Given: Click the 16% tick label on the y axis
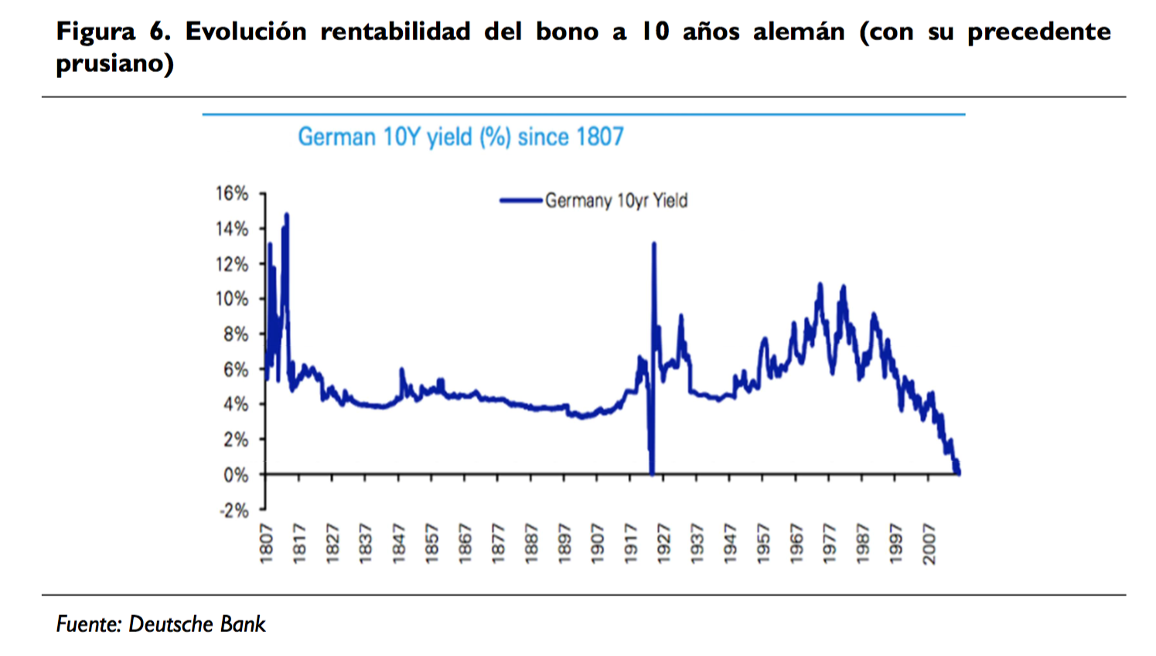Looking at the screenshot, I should [232, 193].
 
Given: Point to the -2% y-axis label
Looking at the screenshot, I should [234, 510].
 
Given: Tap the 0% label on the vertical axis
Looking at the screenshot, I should [236, 474].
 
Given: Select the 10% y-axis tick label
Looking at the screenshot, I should [232, 299].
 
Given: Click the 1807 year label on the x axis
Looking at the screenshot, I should [266, 543].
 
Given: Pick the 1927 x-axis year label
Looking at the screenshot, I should [663, 543].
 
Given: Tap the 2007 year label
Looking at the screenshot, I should [929, 543].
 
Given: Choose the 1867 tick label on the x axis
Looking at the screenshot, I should [465, 543].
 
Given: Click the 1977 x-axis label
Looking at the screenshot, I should [830, 543].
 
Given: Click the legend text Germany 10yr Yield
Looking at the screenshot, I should [616, 201].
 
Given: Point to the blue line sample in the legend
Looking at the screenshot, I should [521, 201].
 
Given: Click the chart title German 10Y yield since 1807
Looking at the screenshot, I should [461, 137].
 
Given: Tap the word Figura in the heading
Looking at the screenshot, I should [95, 32].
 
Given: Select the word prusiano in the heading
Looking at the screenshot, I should [114, 63].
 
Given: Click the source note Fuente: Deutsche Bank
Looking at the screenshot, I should [161, 624].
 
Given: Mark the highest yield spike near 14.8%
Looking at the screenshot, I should [287, 215].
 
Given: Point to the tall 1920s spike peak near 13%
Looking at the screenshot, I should [654, 244].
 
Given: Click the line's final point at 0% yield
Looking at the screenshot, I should [959, 473].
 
